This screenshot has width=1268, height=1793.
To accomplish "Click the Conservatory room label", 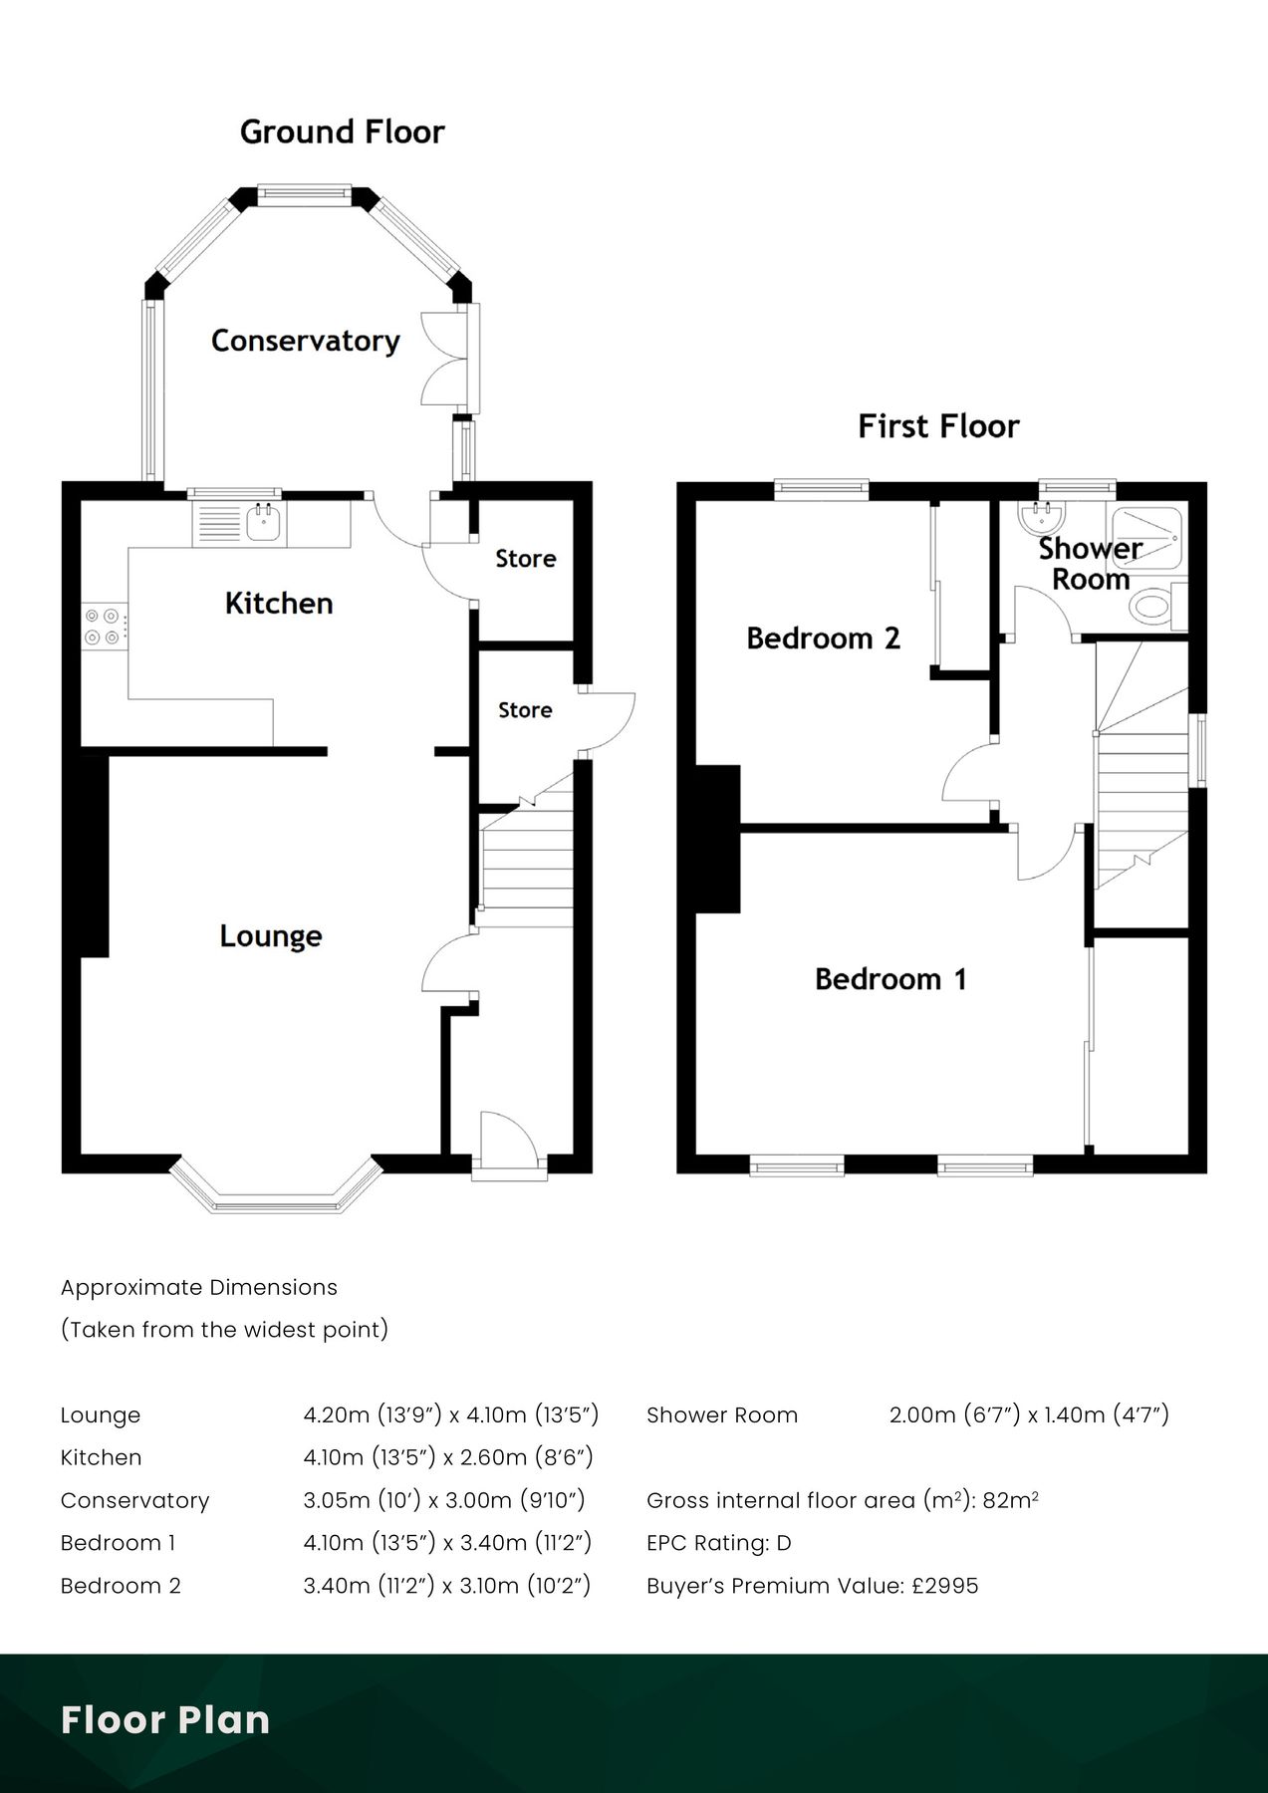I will pyautogui.click(x=305, y=341).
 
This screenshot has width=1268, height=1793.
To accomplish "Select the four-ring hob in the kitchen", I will pyautogui.click(x=103, y=626).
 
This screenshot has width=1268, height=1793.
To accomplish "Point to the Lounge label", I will pyautogui.click(x=271, y=936).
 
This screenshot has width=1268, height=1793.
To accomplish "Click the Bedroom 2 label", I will pyautogui.click(x=823, y=638).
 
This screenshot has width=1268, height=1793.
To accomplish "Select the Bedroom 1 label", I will pyautogui.click(x=890, y=979).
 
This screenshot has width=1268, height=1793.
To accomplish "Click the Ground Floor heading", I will pyautogui.click(x=342, y=131).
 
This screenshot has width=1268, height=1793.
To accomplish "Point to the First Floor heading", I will pyautogui.click(x=938, y=426).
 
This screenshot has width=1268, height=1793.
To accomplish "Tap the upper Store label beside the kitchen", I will pyautogui.click(x=525, y=559).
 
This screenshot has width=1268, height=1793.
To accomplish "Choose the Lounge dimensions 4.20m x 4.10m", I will pyautogui.click(x=450, y=1414).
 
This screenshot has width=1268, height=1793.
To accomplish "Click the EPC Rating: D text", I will pyautogui.click(x=718, y=1543).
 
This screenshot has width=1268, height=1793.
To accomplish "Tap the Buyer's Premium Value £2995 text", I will pyautogui.click(x=812, y=1586).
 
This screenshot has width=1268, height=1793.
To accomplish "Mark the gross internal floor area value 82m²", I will pyautogui.click(x=1010, y=1500).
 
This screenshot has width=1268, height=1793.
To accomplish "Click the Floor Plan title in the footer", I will pyautogui.click(x=165, y=1720).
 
